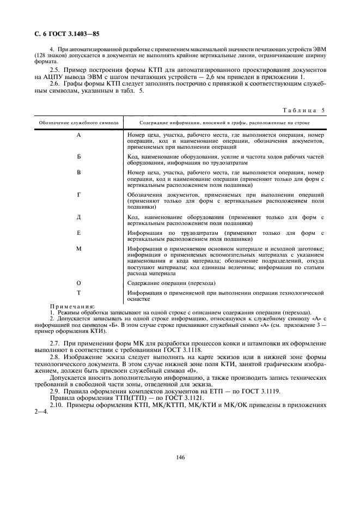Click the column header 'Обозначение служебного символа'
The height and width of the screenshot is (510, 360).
tap(78, 124)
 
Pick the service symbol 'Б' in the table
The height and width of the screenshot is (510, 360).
tap(78, 156)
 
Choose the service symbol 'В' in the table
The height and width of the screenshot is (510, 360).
tap(78, 172)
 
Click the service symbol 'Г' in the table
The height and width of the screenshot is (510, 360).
tap(78, 194)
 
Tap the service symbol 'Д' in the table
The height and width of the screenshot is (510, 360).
tap(78, 217)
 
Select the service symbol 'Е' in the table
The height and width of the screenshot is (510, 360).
tap(78, 233)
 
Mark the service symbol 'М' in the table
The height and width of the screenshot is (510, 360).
tap(78, 249)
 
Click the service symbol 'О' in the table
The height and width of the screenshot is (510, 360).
tap(78, 283)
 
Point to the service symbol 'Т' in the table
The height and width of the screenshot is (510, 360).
tap(78, 293)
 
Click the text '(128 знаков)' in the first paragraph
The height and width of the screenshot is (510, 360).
tap(49, 56)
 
